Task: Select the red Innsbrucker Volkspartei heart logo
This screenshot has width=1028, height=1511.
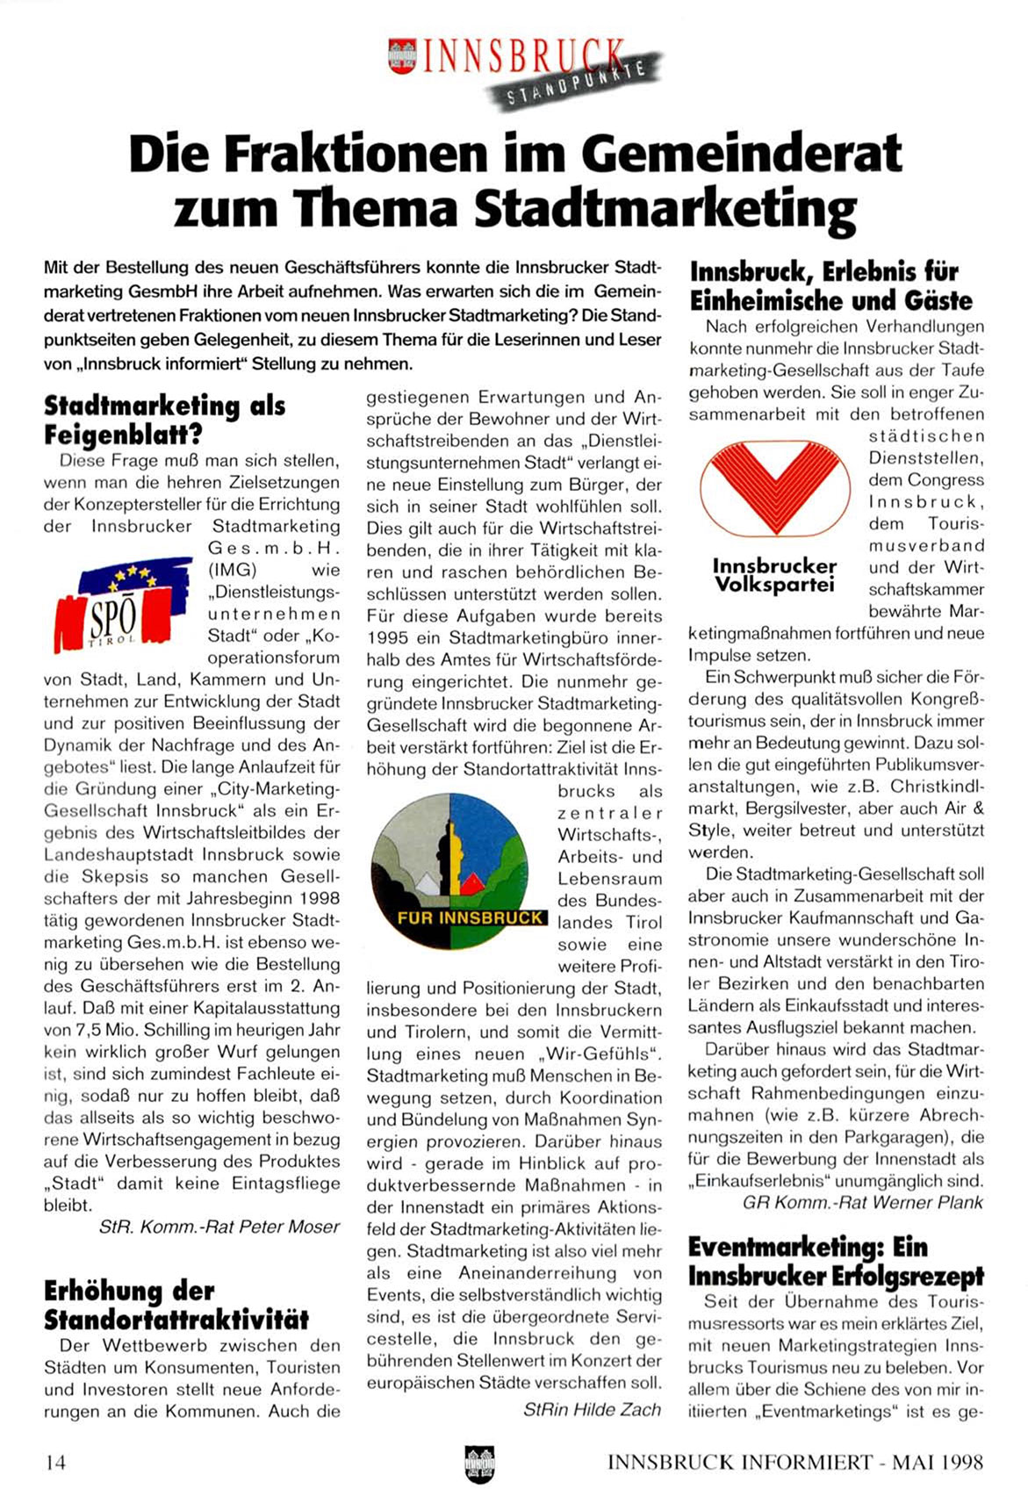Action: click(774, 488)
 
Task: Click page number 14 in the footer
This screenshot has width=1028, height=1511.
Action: click(55, 1462)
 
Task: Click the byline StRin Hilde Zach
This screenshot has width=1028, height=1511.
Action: click(592, 1409)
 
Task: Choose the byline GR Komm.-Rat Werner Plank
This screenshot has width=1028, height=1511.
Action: click(862, 1202)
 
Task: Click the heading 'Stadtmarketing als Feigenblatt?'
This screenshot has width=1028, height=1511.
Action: click(164, 420)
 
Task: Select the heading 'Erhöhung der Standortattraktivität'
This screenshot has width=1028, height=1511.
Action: click(176, 1305)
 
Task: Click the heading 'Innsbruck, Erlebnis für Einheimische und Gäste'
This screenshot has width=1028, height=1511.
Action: click(830, 286)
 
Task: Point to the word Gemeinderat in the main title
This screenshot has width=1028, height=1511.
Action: click(740, 154)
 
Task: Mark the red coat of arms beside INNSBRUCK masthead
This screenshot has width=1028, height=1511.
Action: click(402, 57)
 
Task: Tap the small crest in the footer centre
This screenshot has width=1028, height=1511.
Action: click(479, 1464)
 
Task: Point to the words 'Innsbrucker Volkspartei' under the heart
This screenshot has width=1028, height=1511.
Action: click(773, 575)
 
